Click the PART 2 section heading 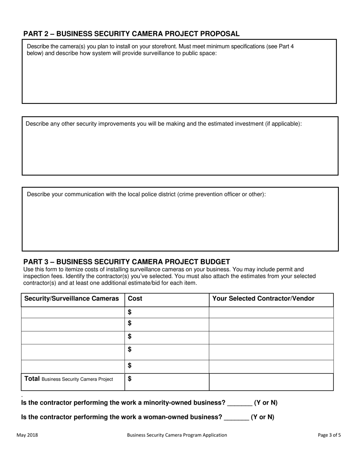click(x=131, y=34)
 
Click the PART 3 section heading click(x=127, y=262)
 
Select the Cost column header click(x=135, y=299)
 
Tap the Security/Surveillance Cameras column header click(x=72, y=299)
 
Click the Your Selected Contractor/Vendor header click(x=263, y=299)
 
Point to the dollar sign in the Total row click(x=130, y=378)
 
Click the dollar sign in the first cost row click(x=130, y=312)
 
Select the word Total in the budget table click(x=32, y=378)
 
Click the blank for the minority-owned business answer click(x=239, y=403)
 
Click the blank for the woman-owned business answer click(x=236, y=417)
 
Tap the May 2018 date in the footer click(x=27, y=435)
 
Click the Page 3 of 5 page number click(x=329, y=435)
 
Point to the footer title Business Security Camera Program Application click(x=177, y=435)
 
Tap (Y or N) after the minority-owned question click(x=266, y=403)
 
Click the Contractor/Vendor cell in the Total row click(x=271, y=382)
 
